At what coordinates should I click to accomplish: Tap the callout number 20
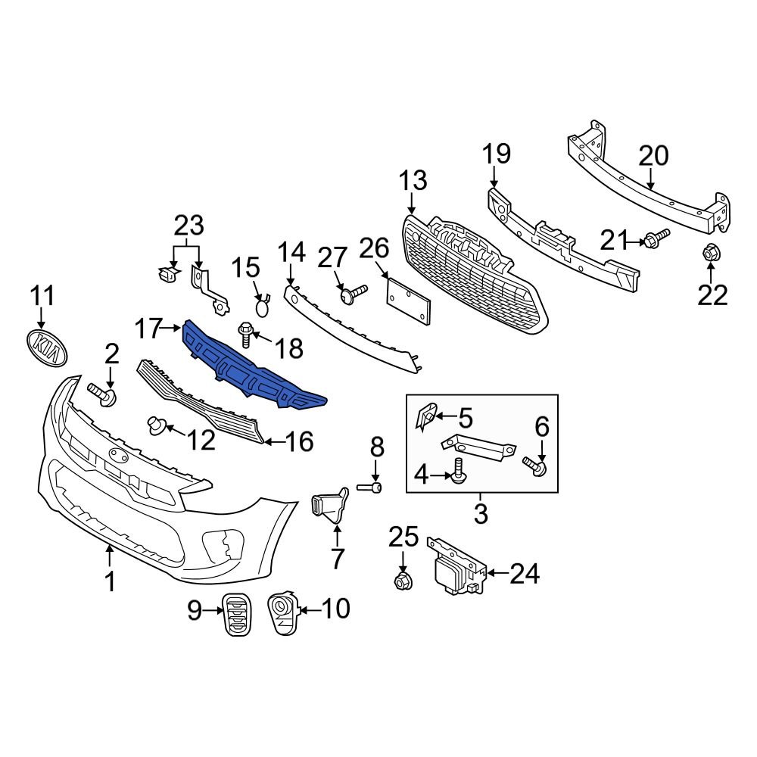[x=653, y=156]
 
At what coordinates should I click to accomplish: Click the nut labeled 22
[x=710, y=254]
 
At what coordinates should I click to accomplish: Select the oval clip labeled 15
[x=261, y=307]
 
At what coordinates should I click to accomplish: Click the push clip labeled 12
[x=157, y=425]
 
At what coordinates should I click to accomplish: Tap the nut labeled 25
[x=402, y=581]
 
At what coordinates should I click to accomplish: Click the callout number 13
[x=413, y=181]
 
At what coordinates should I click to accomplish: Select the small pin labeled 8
[x=375, y=487]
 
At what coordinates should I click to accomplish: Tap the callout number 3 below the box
[x=481, y=515]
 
